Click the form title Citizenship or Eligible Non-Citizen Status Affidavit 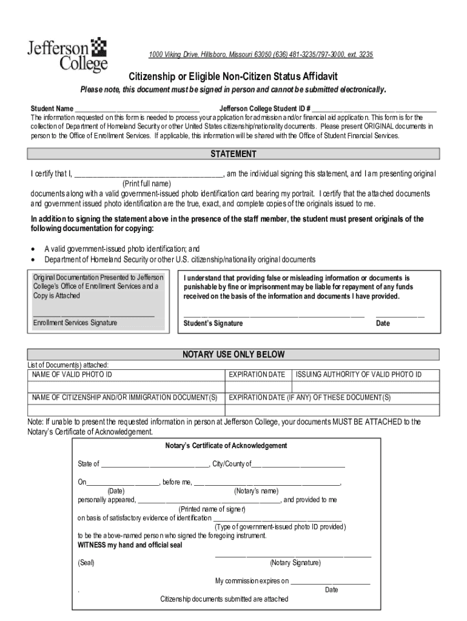click(x=233, y=76)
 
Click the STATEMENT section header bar click(x=233, y=154)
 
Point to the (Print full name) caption click(x=147, y=183)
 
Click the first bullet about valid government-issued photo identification click(x=122, y=249)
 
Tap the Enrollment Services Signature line click(x=93, y=315)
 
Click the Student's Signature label click(x=213, y=323)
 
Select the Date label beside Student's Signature click(x=383, y=323)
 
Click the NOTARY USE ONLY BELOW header click(x=233, y=354)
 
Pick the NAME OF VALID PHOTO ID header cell click(x=72, y=375)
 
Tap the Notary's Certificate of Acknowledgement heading click(x=226, y=446)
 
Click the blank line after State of click(x=155, y=466)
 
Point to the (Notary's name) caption click(x=256, y=491)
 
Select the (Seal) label click(x=86, y=563)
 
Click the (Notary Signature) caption click(x=295, y=563)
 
